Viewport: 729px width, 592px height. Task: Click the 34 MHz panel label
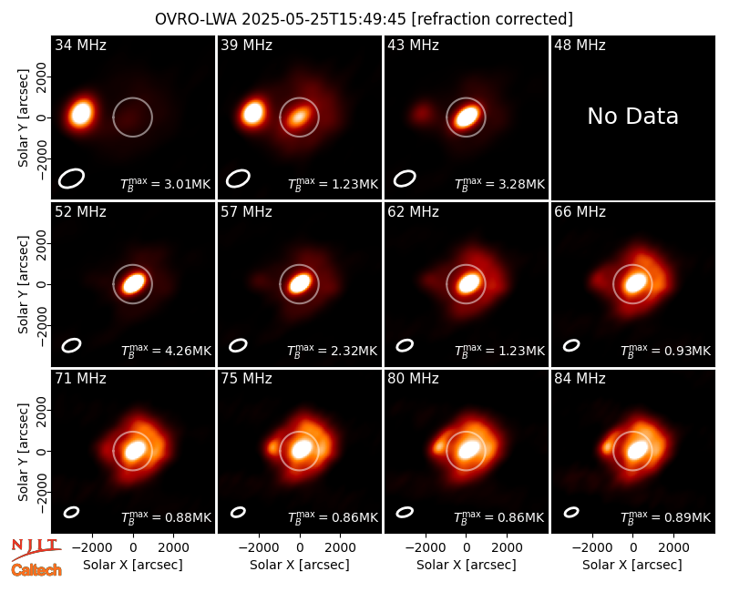coord(80,45)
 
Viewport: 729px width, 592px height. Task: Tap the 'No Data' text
coord(632,116)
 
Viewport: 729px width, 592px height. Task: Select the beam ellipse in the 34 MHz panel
coord(71,179)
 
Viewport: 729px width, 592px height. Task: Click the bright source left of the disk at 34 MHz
coord(81,114)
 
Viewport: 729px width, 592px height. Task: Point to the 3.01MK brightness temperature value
coord(181,184)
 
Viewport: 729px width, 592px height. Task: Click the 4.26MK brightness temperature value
coord(181,351)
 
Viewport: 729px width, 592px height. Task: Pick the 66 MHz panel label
coord(580,212)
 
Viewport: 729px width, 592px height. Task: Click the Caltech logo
coord(36,570)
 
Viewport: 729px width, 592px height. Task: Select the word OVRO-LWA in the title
coord(196,19)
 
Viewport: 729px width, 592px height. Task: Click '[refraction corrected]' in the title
coord(492,19)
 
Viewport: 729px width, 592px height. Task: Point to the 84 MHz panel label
coord(580,379)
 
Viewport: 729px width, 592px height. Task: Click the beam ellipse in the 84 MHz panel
coord(571,512)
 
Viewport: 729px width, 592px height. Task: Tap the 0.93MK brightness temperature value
coord(681,351)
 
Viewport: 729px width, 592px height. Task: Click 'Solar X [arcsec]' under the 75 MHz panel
coord(300,565)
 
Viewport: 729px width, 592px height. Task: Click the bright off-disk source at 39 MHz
coord(253,113)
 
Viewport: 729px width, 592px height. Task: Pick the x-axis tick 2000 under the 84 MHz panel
coord(673,548)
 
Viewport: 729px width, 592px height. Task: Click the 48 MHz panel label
coord(580,45)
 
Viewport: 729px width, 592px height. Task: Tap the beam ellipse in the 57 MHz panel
coord(238,345)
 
